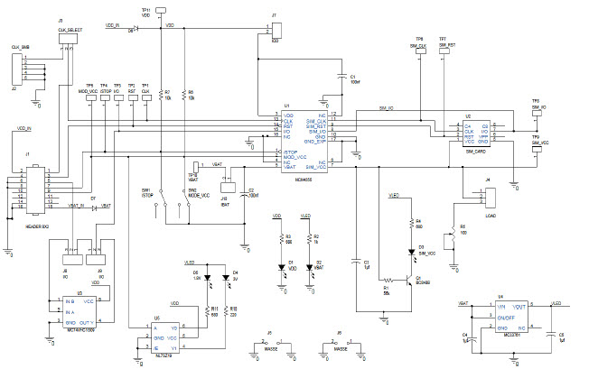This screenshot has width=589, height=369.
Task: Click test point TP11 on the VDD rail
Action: pos(160,10)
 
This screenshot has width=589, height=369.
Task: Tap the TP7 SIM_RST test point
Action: pos(442,53)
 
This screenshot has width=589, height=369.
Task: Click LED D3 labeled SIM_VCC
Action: pos(410,247)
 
